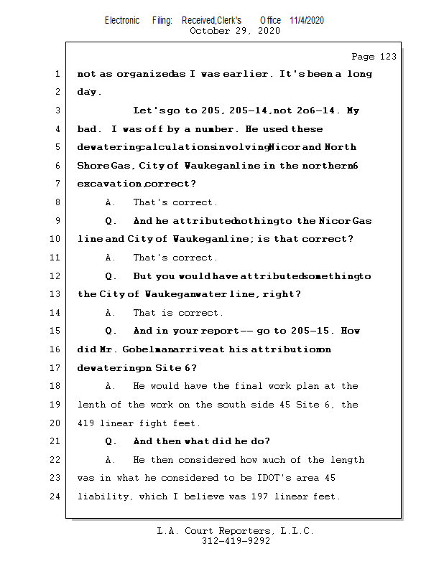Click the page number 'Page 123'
pyautogui.click(x=374, y=57)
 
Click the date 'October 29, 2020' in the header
pyautogui.click(x=234, y=31)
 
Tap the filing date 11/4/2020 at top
pyautogui.click(x=307, y=20)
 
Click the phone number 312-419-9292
pyautogui.click(x=236, y=542)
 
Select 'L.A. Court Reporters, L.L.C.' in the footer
pyautogui.click(x=235, y=531)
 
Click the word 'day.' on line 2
pyautogui.click(x=89, y=92)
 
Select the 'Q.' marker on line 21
pyautogui.click(x=111, y=441)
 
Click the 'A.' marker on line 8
pyautogui.click(x=111, y=202)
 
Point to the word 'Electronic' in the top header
pyautogui.click(x=122, y=20)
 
